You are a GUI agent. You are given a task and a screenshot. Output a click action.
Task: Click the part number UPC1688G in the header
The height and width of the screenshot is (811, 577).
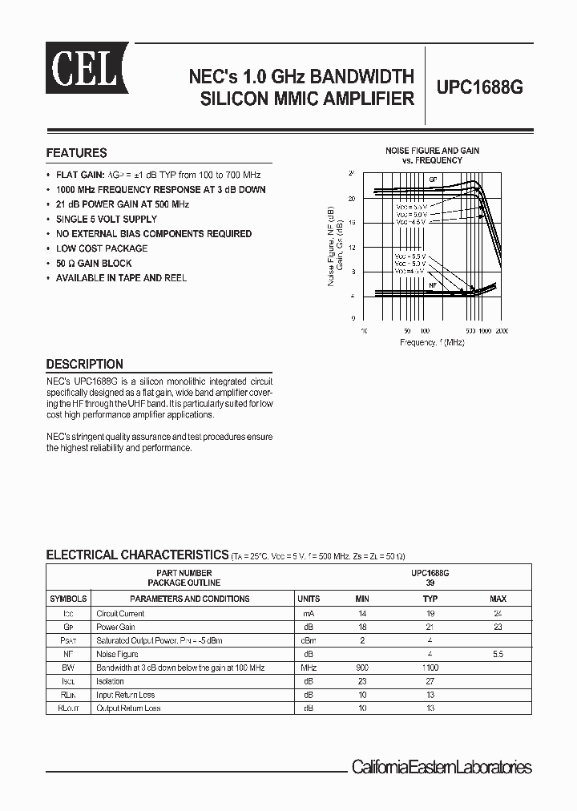(480, 89)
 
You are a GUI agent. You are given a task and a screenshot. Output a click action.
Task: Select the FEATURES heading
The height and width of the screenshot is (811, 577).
(76, 153)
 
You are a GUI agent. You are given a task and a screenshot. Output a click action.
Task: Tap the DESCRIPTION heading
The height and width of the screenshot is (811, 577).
(84, 364)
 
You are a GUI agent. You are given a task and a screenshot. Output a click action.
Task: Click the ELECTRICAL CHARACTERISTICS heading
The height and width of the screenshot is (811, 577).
(137, 555)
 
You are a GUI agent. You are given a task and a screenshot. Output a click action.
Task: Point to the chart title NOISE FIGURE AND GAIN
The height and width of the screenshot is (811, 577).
(432, 151)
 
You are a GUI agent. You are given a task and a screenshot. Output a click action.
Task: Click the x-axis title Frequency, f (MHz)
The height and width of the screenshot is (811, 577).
(432, 342)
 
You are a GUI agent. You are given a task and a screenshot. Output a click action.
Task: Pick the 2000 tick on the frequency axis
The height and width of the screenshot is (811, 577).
(502, 330)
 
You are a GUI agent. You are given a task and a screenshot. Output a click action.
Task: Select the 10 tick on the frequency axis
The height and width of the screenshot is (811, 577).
(364, 330)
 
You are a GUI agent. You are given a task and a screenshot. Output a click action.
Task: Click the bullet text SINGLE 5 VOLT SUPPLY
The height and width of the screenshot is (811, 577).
(107, 219)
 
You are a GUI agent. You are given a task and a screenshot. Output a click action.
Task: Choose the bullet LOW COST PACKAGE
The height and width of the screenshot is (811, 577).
(102, 248)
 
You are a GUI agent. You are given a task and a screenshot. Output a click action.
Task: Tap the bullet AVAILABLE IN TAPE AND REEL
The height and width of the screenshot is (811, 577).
(121, 278)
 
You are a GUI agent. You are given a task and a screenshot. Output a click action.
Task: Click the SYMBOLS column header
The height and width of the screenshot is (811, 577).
(68, 599)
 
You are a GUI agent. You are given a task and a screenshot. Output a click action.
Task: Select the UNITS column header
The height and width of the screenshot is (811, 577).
(309, 599)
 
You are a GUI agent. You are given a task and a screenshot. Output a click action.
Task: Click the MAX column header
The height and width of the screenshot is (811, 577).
(498, 599)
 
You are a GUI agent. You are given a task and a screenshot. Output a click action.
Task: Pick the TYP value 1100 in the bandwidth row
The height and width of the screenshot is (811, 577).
(430, 668)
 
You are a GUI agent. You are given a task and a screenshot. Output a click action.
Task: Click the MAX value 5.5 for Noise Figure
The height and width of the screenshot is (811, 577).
(498, 654)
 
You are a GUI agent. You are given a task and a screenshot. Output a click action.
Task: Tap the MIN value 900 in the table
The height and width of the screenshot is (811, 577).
(362, 668)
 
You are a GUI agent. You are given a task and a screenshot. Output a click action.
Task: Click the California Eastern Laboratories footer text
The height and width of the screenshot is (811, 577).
(442, 767)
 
